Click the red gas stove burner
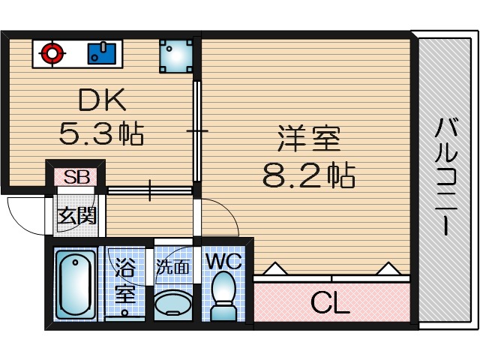tap(52, 53)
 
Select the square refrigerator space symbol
tap(177, 55)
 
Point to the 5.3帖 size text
tap(100, 135)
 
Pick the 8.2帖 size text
tap(307, 176)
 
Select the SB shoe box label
tap(75, 178)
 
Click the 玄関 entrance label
tap(76, 217)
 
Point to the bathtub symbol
tap(74, 284)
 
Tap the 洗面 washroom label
tap(172, 265)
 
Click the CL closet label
tap(330, 304)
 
